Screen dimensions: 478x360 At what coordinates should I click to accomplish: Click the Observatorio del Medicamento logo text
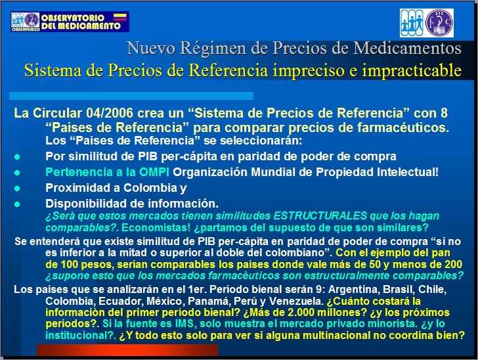click(81, 22)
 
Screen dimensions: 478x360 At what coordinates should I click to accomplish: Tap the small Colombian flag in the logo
click(119, 17)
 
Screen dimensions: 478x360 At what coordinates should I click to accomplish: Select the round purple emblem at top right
click(439, 23)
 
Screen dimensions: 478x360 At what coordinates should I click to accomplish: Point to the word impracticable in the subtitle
click(412, 70)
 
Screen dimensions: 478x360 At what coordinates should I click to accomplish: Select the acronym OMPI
click(154, 172)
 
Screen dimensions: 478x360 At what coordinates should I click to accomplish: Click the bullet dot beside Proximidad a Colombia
click(17, 189)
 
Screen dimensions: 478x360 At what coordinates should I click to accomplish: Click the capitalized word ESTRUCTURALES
click(320, 215)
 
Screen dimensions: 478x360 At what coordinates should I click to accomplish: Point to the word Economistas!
click(156, 227)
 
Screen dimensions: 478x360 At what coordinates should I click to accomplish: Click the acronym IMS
click(184, 323)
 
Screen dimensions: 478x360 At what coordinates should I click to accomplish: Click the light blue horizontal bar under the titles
click(131, 96)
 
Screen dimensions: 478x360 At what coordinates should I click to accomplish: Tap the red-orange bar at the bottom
click(127, 350)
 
